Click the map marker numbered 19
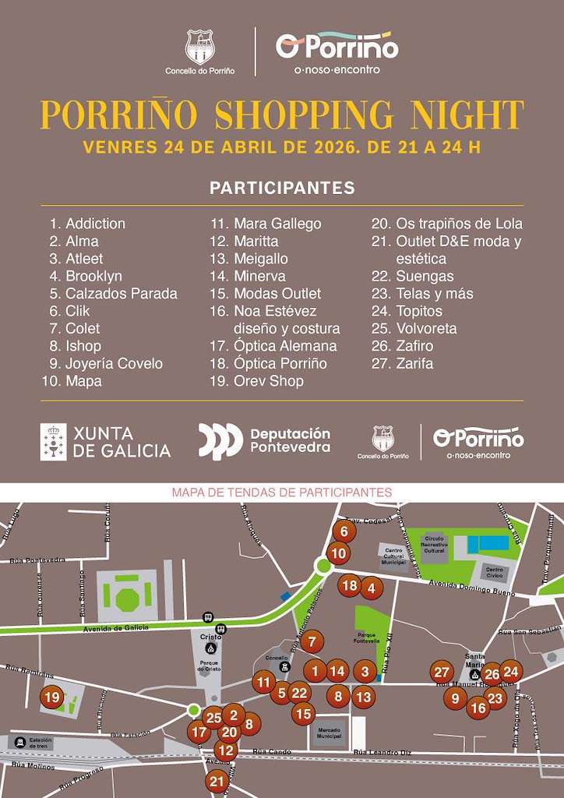[52, 697]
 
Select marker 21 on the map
[217, 781]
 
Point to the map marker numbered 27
[442, 673]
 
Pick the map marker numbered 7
[312, 643]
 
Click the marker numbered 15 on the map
[303, 712]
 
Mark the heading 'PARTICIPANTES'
[282, 188]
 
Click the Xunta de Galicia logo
[106, 442]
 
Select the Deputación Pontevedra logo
[265, 441]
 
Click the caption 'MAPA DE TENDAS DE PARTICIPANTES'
[281, 493]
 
